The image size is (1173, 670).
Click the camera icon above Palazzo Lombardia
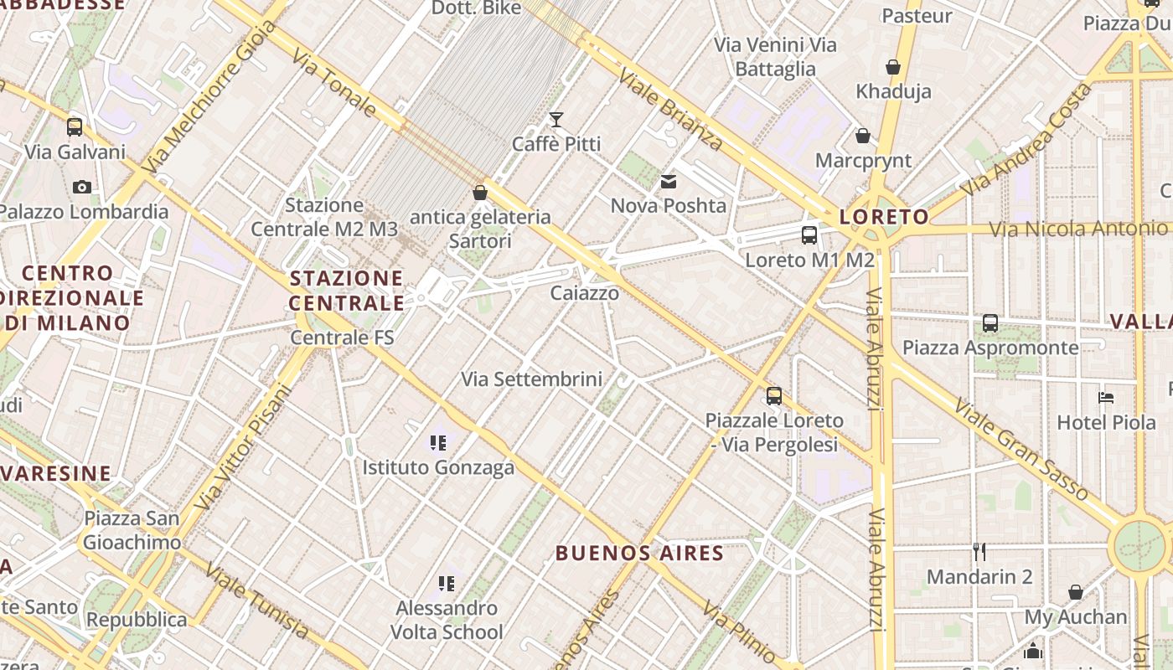pos(81,187)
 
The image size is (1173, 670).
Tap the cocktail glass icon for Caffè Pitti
pos(556,120)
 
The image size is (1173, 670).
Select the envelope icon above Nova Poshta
pos(668,181)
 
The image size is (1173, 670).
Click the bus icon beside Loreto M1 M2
pos(809,235)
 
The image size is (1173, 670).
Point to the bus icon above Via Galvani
pos(75,127)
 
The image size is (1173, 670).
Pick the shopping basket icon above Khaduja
pos(893,67)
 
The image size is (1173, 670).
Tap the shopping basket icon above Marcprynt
pos(862,136)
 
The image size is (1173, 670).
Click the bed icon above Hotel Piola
pos(1106,397)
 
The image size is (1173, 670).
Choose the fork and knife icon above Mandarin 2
pos(979,551)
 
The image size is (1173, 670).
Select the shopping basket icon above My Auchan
pos(1076,592)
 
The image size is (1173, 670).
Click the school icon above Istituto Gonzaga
pos(437,442)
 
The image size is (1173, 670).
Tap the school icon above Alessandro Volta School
pos(447,583)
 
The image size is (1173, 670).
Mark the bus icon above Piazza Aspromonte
pos(990,322)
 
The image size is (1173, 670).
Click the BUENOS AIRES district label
pos(639,553)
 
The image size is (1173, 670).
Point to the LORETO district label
pos(884,217)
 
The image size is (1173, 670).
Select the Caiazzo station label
pos(585,293)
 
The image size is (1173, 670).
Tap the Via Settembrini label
pos(531,379)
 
